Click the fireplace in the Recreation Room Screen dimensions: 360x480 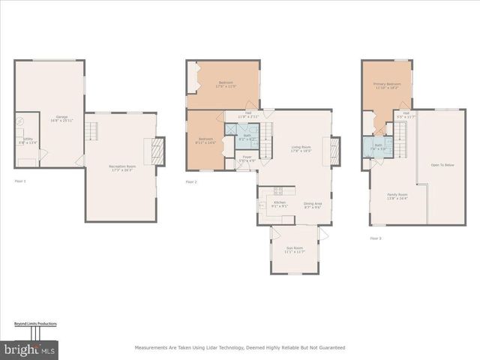coord(158,149)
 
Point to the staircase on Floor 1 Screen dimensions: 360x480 coord(91,132)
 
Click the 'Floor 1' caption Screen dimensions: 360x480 coord(20,181)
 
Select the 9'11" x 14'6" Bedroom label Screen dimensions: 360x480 coord(206,140)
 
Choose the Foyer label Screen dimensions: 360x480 coord(246,159)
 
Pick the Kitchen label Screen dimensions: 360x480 coord(279,204)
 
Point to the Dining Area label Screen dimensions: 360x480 coord(313,205)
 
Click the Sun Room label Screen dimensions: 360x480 coord(294,250)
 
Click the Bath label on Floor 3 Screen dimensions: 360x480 coord(378,146)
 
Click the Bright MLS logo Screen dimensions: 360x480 coord(29,349)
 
